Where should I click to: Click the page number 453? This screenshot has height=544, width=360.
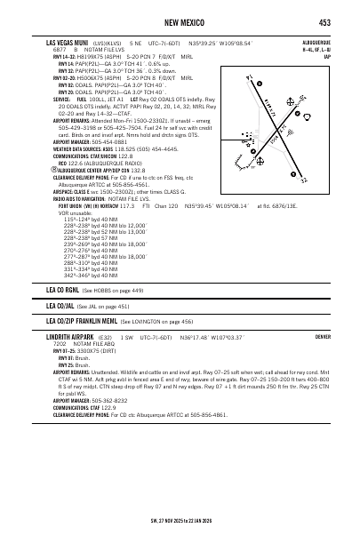tap(325, 22)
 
